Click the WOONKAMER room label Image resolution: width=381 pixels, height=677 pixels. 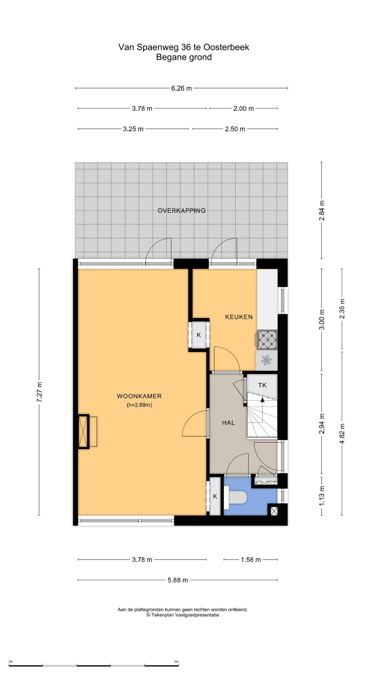(x=139, y=396)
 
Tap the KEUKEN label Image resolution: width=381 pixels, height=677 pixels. (x=239, y=317)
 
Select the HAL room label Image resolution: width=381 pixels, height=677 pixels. (x=228, y=423)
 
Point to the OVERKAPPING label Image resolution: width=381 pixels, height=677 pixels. (x=182, y=211)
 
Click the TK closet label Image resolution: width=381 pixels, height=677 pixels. (x=262, y=385)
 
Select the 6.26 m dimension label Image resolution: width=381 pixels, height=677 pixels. (x=181, y=88)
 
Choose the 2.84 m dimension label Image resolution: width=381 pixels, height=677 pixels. (x=322, y=211)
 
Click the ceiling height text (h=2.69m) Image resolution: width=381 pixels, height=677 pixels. (x=139, y=405)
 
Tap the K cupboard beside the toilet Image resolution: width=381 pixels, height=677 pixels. (x=215, y=496)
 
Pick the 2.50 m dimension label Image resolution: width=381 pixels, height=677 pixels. (x=235, y=129)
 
